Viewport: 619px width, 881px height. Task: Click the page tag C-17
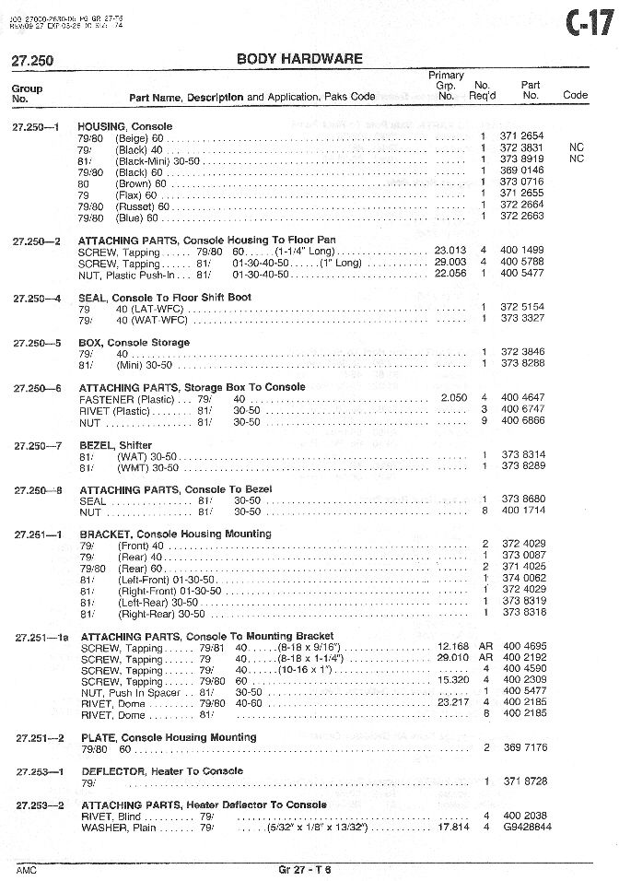tap(588, 22)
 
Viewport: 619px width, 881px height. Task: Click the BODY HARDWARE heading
tap(299, 59)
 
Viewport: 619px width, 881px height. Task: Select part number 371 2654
tap(522, 136)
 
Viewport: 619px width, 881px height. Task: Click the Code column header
tap(575, 95)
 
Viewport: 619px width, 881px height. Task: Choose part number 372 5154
tap(522, 307)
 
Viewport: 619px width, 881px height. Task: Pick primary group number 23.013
tap(452, 251)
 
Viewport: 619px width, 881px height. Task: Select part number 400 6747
tap(522, 409)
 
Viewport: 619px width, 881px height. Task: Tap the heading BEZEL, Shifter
tap(116, 444)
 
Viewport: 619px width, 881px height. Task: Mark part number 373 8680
tap(522, 499)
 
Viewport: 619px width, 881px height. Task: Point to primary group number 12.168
tap(452, 647)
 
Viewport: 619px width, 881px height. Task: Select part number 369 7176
tap(522, 747)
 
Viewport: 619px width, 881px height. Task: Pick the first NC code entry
tap(577, 147)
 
